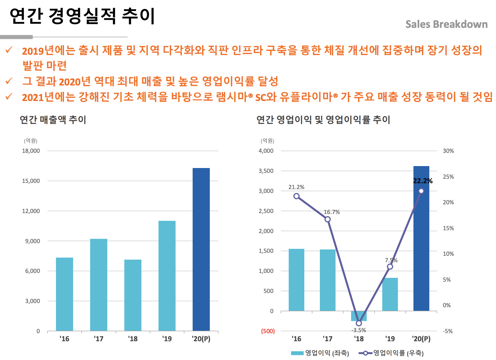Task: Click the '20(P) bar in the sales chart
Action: click(201, 249)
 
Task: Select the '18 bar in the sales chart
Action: click(133, 295)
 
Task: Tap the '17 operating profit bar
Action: click(327, 280)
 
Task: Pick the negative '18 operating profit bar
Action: click(359, 316)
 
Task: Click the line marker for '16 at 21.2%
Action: click(296, 196)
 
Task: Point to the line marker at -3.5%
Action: click(359, 323)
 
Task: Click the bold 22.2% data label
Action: click(423, 181)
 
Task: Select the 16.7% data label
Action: click(332, 212)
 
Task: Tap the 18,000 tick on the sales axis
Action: click(31, 151)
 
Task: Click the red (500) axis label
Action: click(268, 331)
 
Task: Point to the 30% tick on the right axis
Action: click(448, 151)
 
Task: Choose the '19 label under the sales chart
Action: click(167, 339)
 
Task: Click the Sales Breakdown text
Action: click(446, 24)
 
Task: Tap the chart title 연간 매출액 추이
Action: click(53, 120)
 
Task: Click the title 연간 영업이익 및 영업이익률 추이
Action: click(323, 120)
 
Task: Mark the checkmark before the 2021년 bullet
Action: click(9, 96)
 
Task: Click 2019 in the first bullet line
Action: click(33, 51)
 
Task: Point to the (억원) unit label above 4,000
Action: click(267, 141)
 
